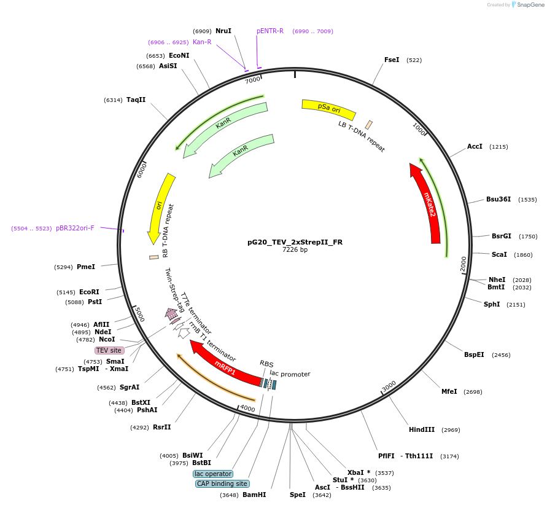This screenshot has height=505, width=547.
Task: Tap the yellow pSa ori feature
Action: coord(328,108)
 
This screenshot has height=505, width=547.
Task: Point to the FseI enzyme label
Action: coord(392,60)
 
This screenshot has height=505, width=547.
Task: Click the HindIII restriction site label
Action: coord(422,429)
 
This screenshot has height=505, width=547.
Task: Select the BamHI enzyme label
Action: coord(254,495)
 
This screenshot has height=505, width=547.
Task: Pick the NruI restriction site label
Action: coord(223,31)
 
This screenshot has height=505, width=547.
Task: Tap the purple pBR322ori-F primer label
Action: coord(75,228)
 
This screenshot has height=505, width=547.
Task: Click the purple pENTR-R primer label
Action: coord(270,31)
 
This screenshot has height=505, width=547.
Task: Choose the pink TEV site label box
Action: coord(109,350)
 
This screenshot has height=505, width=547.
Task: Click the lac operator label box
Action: coord(213,474)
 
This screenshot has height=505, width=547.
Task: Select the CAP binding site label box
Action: coord(222,483)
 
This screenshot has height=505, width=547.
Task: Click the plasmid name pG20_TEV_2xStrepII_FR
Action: coord(295,242)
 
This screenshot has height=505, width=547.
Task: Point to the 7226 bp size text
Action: coord(295,250)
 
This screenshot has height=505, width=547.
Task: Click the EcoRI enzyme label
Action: coord(89,292)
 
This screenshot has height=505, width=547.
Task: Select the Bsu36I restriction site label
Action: coord(499,199)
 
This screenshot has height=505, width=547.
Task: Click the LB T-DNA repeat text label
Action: coord(362,136)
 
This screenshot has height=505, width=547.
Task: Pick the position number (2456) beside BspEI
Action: coord(501,355)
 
